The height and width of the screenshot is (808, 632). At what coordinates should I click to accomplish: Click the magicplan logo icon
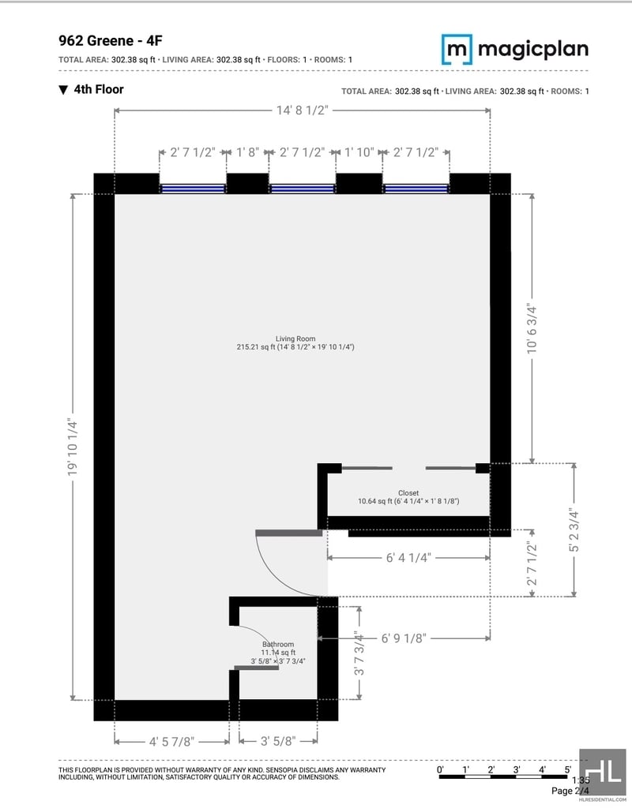pyautogui.click(x=456, y=49)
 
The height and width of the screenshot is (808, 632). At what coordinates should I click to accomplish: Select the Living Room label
pyautogui.click(x=295, y=339)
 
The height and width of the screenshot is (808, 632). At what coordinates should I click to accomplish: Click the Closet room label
pyautogui.click(x=408, y=493)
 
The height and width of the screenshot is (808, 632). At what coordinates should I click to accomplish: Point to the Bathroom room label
pyautogui.click(x=278, y=644)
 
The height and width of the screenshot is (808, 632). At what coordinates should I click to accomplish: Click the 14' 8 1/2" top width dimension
pyautogui.click(x=302, y=110)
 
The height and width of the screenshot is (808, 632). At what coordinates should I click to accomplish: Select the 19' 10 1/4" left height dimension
pyautogui.click(x=73, y=447)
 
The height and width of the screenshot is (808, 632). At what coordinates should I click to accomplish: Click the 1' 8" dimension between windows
pyautogui.click(x=248, y=153)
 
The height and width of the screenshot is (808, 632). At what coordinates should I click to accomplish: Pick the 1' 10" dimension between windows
pyautogui.click(x=358, y=153)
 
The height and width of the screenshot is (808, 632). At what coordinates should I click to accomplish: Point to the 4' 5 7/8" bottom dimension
pyautogui.click(x=171, y=741)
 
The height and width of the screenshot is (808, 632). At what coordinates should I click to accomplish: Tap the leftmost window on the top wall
pyautogui.click(x=193, y=189)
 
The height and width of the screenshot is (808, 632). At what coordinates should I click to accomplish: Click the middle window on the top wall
pyautogui.click(x=302, y=189)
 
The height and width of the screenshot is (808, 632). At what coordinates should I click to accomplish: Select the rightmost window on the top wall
pyautogui.click(x=416, y=189)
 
